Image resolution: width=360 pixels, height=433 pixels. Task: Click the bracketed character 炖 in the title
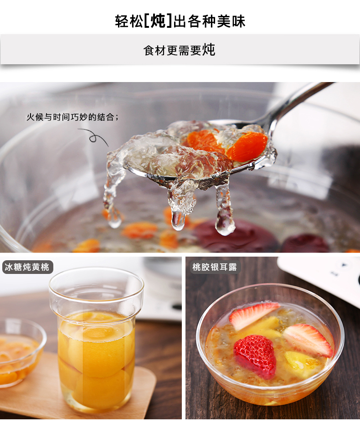click(158, 21)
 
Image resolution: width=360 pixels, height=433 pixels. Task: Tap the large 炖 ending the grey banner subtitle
click(208, 50)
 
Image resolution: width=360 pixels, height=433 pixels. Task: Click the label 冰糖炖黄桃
click(27, 267)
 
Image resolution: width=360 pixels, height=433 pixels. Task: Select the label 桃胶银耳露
click(215, 267)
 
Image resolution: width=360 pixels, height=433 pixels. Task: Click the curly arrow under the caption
click(95, 137)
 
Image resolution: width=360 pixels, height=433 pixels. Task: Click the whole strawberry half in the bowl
click(255, 356)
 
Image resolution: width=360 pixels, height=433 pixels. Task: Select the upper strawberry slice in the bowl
click(252, 315)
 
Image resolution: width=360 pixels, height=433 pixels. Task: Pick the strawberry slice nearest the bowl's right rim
click(308, 340)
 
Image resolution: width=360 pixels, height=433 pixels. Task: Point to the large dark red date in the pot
click(235, 235)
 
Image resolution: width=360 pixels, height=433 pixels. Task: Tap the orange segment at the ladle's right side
click(247, 146)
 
